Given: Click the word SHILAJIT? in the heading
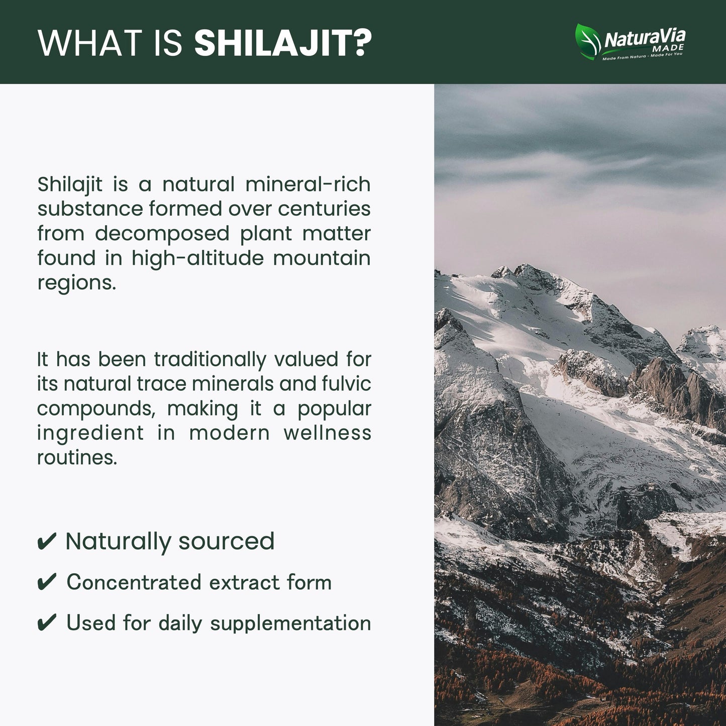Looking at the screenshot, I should [283, 43].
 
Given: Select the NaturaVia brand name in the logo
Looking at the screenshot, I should [644, 38].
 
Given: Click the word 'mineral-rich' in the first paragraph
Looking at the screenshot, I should [307, 184].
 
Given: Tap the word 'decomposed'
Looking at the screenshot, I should [162, 234].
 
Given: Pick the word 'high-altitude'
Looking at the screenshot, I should [197, 258].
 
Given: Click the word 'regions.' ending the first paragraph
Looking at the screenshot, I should [76, 283].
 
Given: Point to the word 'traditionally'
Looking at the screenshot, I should [210, 359].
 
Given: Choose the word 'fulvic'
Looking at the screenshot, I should [346, 384].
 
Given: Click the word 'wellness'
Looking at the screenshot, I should [327, 433].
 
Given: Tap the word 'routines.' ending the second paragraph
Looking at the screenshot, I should [77, 457].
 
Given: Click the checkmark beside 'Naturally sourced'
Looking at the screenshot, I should [47, 542].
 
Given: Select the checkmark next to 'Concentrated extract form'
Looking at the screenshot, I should [47, 583].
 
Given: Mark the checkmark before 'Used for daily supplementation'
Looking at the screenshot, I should [47, 624].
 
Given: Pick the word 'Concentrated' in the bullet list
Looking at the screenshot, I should [134, 583].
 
